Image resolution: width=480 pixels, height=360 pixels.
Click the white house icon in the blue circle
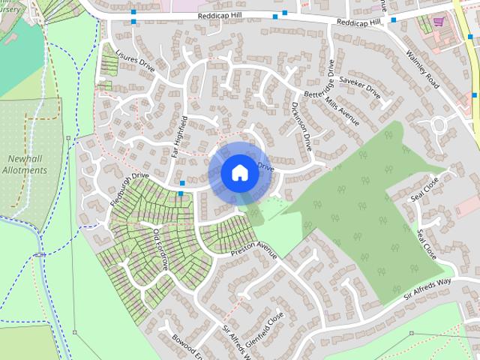tap(239, 172)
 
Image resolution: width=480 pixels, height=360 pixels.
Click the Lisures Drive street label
tap(137, 64)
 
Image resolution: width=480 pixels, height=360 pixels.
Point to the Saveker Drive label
tap(360, 85)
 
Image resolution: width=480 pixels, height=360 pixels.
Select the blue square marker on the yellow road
tap(475, 95)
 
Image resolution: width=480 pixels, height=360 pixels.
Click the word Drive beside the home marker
tap(266, 166)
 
